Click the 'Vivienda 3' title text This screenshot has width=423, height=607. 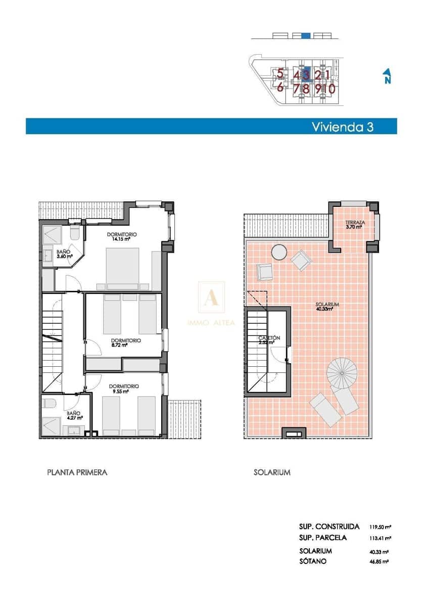[x=342, y=126]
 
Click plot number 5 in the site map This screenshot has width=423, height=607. [x=280, y=74]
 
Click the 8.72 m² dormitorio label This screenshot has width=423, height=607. [x=126, y=342]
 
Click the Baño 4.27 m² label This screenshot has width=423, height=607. [x=73, y=415]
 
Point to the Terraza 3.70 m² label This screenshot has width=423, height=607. [x=355, y=225]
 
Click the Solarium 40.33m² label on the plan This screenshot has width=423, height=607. [x=327, y=307]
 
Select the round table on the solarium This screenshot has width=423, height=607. [x=278, y=251]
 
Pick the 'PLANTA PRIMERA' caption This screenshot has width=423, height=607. [x=77, y=472]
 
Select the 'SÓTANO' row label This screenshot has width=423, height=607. [x=313, y=561]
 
